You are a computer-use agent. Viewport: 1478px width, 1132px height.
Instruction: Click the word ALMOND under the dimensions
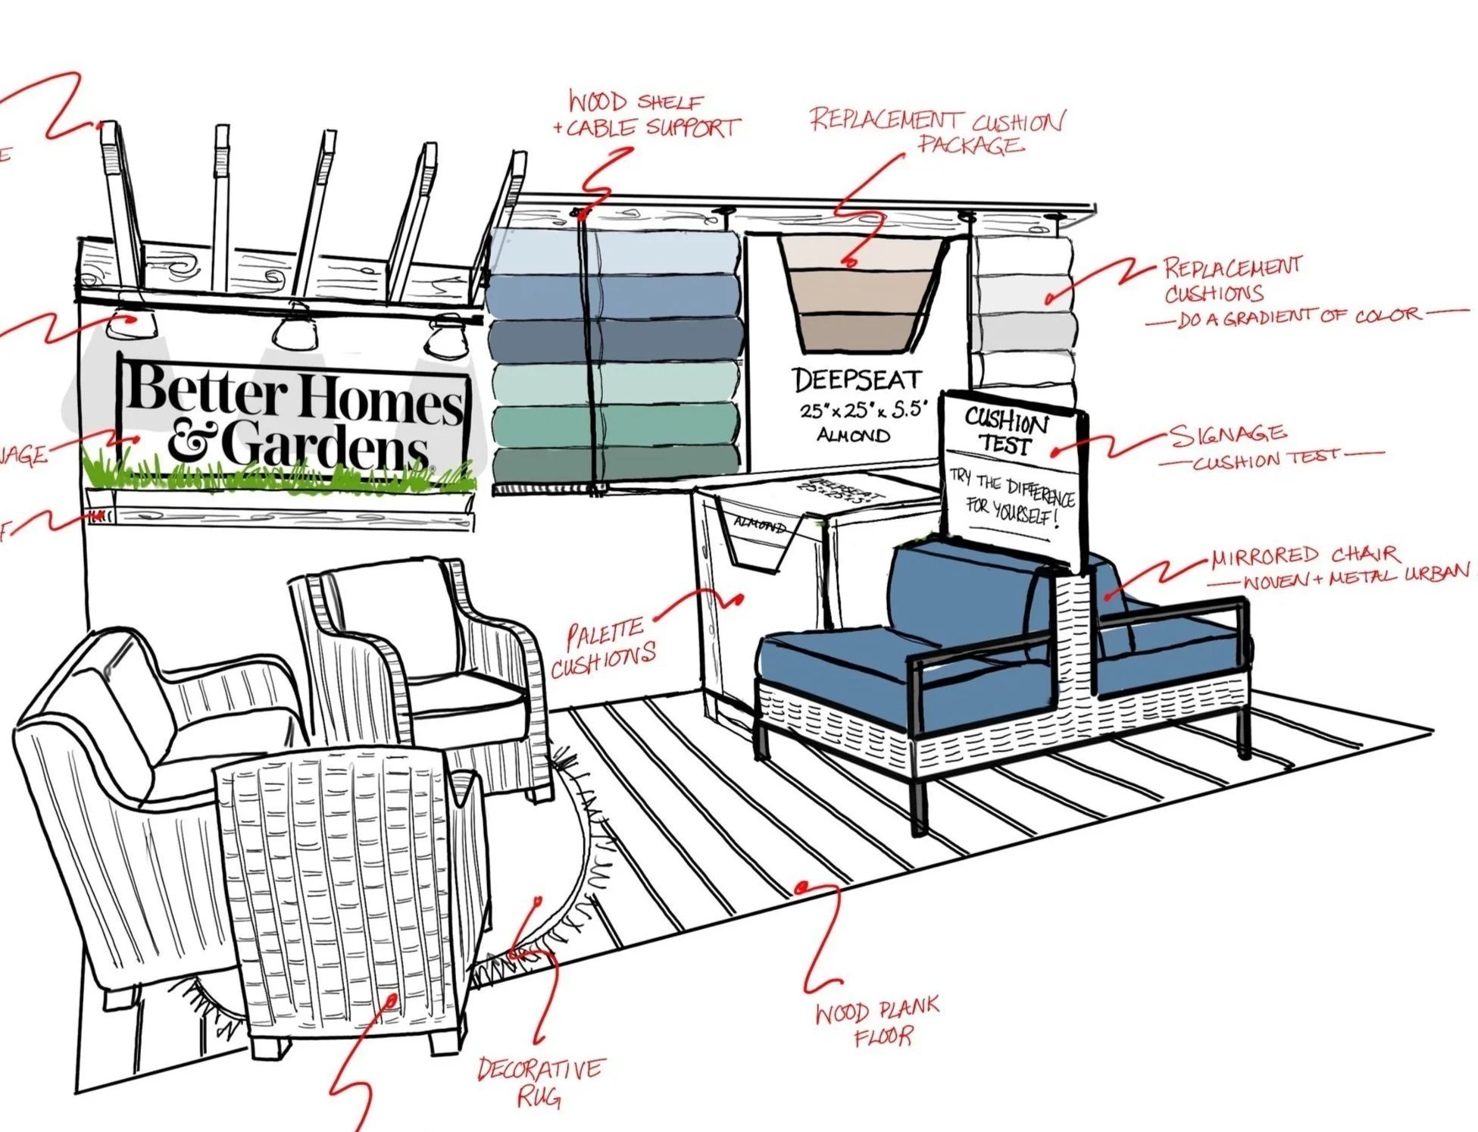(x=853, y=435)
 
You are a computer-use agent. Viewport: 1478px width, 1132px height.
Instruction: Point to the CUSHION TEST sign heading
(x=1005, y=430)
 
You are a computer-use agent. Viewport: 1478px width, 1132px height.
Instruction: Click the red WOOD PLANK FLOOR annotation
(x=877, y=1023)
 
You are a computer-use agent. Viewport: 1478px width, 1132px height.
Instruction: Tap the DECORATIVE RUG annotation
(x=539, y=1081)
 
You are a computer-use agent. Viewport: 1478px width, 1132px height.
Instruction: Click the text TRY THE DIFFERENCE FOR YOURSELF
(x=1011, y=500)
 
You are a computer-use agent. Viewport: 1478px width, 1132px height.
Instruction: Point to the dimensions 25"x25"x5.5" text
(x=864, y=411)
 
